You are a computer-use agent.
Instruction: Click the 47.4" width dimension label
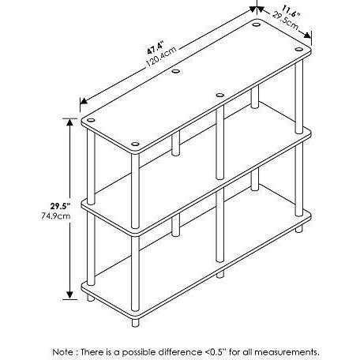(x=156, y=47)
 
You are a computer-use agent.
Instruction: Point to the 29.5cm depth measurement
(x=286, y=21)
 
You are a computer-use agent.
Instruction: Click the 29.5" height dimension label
(x=60, y=206)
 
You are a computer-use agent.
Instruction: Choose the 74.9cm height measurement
(x=56, y=216)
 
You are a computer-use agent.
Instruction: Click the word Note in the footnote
(x=63, y=352)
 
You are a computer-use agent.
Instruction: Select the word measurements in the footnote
(x=287, y=352)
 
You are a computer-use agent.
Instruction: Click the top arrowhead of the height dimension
(x=69, y=122)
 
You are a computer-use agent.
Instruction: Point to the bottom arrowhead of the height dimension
(x=69, y=295)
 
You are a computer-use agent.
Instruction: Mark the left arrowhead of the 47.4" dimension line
(x=84, y=101)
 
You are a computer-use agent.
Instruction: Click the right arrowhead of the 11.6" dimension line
(x=307, y=35)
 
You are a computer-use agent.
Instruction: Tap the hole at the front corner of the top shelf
(x=135, y=144)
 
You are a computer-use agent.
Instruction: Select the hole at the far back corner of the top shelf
(x=256, y=24)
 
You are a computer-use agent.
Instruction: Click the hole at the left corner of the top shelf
(x=91, y=120)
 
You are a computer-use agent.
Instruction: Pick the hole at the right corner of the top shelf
(x=299, y=49)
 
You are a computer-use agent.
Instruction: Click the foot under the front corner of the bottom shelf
(x=135, y=323)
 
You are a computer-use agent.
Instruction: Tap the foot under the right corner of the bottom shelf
(x=299, y=229)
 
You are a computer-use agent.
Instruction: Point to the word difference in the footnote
(x=175, y=352)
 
